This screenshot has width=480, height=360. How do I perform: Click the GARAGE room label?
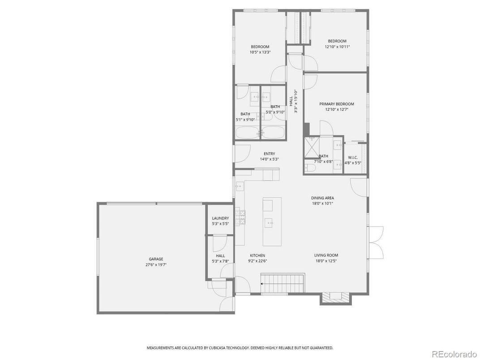pyautogui.click(x=156, y=259)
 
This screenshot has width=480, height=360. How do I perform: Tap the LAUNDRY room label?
pyautogui.click(x=220, y=218)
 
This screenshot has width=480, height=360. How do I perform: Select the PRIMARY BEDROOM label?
pyautogui.click(x=336, y=104)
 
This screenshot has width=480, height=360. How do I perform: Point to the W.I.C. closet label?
pyautogui.click(x=352, y=158)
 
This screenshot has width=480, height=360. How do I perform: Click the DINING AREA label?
pyautogui.click(x=322, y=198)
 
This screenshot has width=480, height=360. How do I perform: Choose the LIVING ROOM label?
pyautogui.click(x=326, y=255)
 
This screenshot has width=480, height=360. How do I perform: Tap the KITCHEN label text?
pyautogui.click(x=257, y=255)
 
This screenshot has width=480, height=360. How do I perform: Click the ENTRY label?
pyautogui.click(x=269, y=154)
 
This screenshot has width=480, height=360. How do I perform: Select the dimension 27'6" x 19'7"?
pyautogui.click(x=156, y=265)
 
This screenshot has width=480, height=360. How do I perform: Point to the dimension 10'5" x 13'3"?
pyautogui.click(x=260, y=52)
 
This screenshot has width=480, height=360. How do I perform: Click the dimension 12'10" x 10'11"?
pyautogui.click(x=337, y=47)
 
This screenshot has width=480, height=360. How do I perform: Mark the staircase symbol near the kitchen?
pyautogui.click(x=283, y=284)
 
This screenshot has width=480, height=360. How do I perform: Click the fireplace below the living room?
pyautogui.click(x=334, y=297)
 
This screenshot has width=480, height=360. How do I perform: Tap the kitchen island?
pyautogui.click(x=272, y=221)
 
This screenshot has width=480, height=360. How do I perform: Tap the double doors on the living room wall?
pyautogui.click(x=376, y=242)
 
